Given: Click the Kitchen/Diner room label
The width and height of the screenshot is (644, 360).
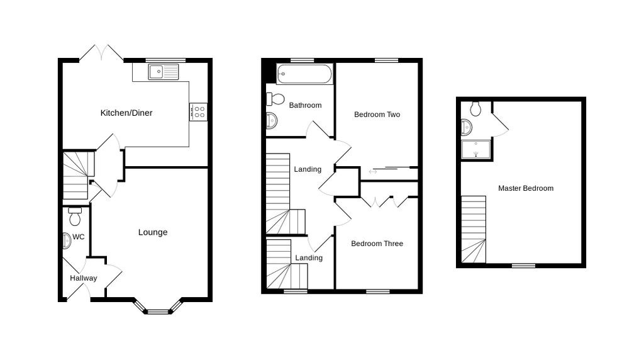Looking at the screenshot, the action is [x=126, y=113].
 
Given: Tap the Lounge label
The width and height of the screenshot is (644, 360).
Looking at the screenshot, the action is [x=153, y=233].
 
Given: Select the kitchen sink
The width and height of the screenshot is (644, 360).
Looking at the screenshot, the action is [x=164, y=72].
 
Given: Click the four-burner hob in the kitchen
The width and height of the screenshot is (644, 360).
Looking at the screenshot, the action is [x=198, y=112].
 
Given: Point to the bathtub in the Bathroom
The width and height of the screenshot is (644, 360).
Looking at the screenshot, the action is [x=304, y=74].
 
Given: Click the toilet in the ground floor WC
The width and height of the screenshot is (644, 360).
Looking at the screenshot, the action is [x=75, y=216].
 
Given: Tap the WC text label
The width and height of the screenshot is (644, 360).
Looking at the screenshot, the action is [x=79, y=237].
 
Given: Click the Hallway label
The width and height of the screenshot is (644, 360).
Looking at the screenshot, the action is [x=84, y=278].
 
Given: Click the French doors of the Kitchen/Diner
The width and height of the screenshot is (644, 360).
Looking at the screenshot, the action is [x=101, y=53].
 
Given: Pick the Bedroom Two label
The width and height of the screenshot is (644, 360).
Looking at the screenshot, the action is [x=377, y=115].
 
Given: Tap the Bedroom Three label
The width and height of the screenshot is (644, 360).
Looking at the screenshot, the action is [x=377, y=244].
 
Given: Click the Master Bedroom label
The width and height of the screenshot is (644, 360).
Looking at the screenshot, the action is [x=526, y=189].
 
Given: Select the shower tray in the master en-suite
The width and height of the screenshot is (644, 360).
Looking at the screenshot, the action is [x=476, y=150].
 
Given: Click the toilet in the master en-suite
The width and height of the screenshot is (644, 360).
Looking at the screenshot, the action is [x=475, y=109].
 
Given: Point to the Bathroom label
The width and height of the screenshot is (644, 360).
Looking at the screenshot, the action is [x=305, y=106].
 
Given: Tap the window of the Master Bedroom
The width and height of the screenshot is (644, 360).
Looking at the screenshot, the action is [x=524, y=266].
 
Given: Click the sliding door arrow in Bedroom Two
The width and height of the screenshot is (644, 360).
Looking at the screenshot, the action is [x=373, y=172].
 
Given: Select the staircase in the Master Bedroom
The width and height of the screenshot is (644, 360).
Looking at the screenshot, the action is [x=474, y=229].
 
